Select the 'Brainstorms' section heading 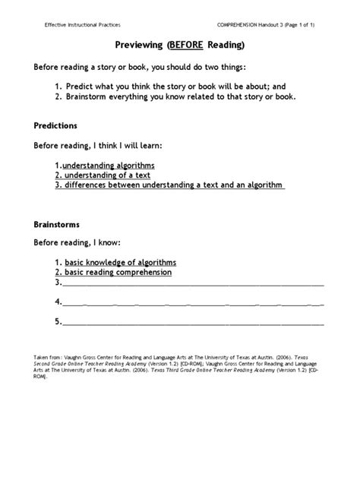(x=58, y=225)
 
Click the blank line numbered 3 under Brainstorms (x=190, y=283)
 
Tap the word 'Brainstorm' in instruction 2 (x=101, y=96)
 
